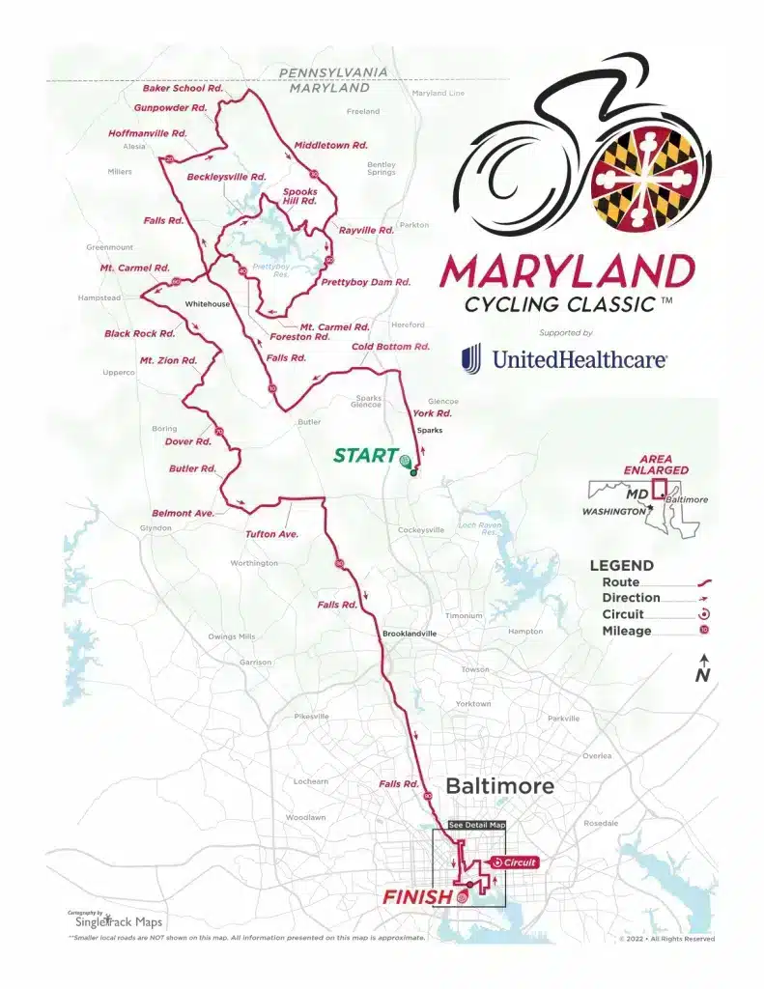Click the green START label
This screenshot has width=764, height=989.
click(365, 455)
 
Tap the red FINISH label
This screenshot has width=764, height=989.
click(417, 897)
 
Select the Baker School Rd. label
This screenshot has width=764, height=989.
click(184, 88)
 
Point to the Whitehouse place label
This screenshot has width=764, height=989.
click(208, 304)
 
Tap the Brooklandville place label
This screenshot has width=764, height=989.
click(410, 634)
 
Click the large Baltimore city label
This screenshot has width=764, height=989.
click(499, 786)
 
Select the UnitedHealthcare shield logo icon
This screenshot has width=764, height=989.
click(470, 359)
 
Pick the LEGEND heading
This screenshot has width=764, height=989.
click(622, 566)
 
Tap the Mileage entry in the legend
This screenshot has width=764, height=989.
click(627, 631)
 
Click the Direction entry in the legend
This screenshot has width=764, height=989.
click(631, 598)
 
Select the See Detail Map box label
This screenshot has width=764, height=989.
click(477, 826)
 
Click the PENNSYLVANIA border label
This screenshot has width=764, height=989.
click(333, 72)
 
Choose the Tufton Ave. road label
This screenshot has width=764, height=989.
click(271, 533)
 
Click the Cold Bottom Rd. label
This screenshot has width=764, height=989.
click(390, 346)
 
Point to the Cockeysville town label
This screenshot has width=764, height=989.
click(421, 530)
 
